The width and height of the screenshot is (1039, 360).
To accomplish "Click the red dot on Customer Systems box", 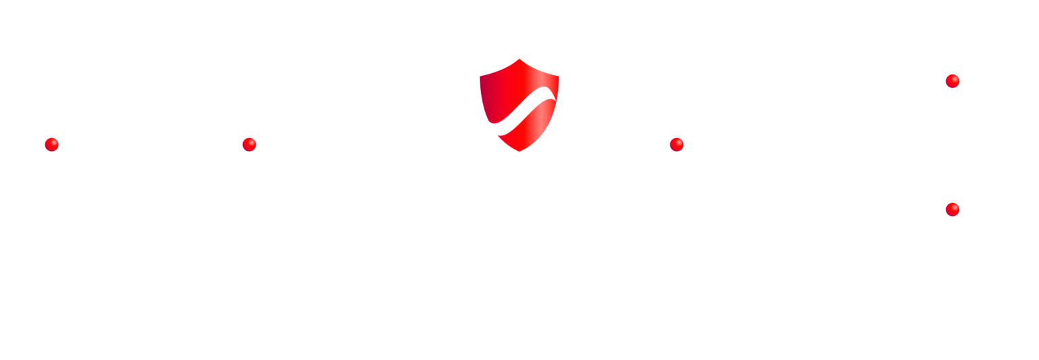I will pos(51,144).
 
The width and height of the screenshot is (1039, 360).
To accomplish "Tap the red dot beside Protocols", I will pos(249,144).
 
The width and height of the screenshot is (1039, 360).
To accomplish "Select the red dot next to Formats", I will pos(677,144).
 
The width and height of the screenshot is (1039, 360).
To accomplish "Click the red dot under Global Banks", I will pos(952,81).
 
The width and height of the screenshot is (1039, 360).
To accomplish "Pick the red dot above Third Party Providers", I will pos(952,208).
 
